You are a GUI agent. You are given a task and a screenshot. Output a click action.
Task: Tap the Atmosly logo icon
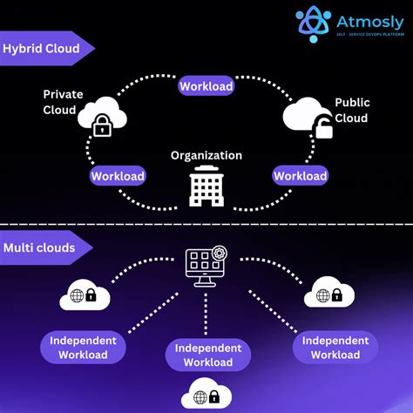pos(313,24)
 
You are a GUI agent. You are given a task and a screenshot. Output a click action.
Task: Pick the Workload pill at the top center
pos(206,86)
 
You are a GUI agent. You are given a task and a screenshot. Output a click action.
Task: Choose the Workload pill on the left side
pos(118,176)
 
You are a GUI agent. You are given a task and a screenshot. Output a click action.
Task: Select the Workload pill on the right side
pos(300,176)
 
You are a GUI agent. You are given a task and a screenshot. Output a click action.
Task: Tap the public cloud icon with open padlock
pos(310,118)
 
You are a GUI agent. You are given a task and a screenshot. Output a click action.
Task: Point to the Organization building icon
pos(206,186)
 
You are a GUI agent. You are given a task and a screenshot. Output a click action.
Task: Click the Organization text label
pos(206,155)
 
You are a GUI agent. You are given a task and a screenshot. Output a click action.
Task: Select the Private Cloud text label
pos(64,101)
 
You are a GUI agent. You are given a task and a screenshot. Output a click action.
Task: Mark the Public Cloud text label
pos(352,111)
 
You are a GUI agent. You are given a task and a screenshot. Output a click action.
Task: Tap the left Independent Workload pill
pos(83,347)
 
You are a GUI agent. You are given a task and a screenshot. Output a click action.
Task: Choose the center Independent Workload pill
pos(207,355)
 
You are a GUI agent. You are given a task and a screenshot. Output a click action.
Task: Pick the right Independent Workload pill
pos(335,347)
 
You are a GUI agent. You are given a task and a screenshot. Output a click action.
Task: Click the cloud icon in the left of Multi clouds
pos(85,297)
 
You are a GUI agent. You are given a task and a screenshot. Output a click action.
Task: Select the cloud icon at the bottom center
pos(207,396)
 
